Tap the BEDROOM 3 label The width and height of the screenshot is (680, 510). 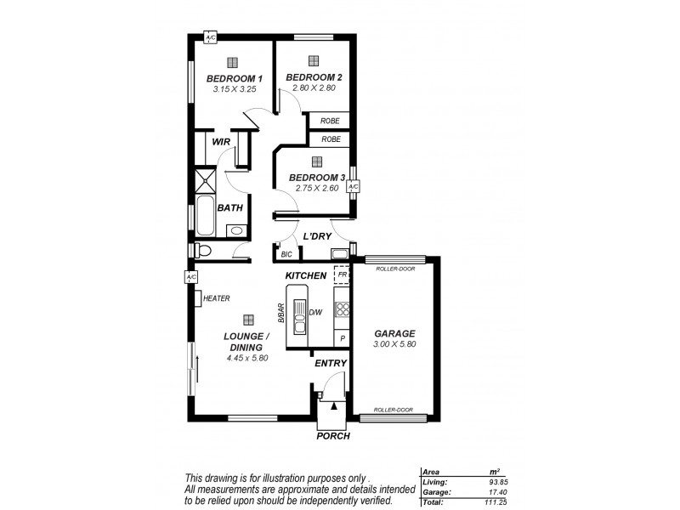[316, 177]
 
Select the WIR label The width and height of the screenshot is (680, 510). [221, 142]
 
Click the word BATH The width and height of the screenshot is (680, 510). [229, 207]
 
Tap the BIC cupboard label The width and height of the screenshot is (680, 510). [286, 254]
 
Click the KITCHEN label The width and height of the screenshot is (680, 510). [305, 276]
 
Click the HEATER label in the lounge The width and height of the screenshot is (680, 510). [215, 298]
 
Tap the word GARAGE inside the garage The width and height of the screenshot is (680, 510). [394, 334]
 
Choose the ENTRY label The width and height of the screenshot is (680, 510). [330, 363]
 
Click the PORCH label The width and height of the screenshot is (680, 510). [332, 435]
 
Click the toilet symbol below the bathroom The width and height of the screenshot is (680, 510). [202, 250]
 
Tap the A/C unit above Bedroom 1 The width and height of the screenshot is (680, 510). [211, 37]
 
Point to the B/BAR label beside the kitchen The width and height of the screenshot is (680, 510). [279, 313]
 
